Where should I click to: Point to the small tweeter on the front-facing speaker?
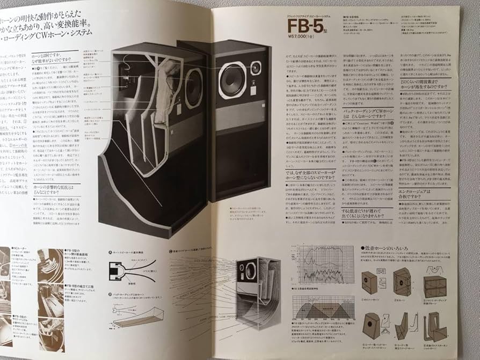pos(256,69)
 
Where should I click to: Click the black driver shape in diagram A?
pos(114,270)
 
